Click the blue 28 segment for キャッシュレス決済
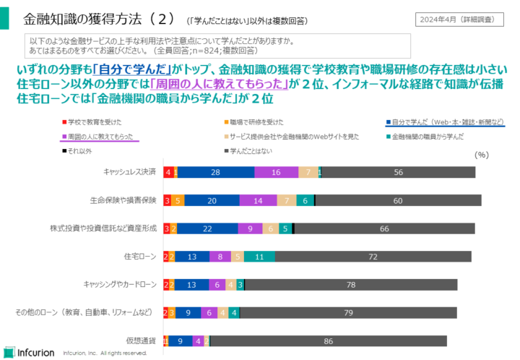point(215,172)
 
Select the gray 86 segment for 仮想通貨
point(329,341)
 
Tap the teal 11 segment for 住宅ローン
point(259,257)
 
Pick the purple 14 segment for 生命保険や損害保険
point(258,200)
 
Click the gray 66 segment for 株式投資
point(384,228)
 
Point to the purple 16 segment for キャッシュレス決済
point(276,172)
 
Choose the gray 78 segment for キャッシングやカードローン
point(350,285)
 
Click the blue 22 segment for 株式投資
point(207,228)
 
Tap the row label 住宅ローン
point(140,257)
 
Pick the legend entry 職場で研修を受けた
point(257,121)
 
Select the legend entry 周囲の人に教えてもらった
point(100,135)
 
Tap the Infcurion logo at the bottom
point(29,352)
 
